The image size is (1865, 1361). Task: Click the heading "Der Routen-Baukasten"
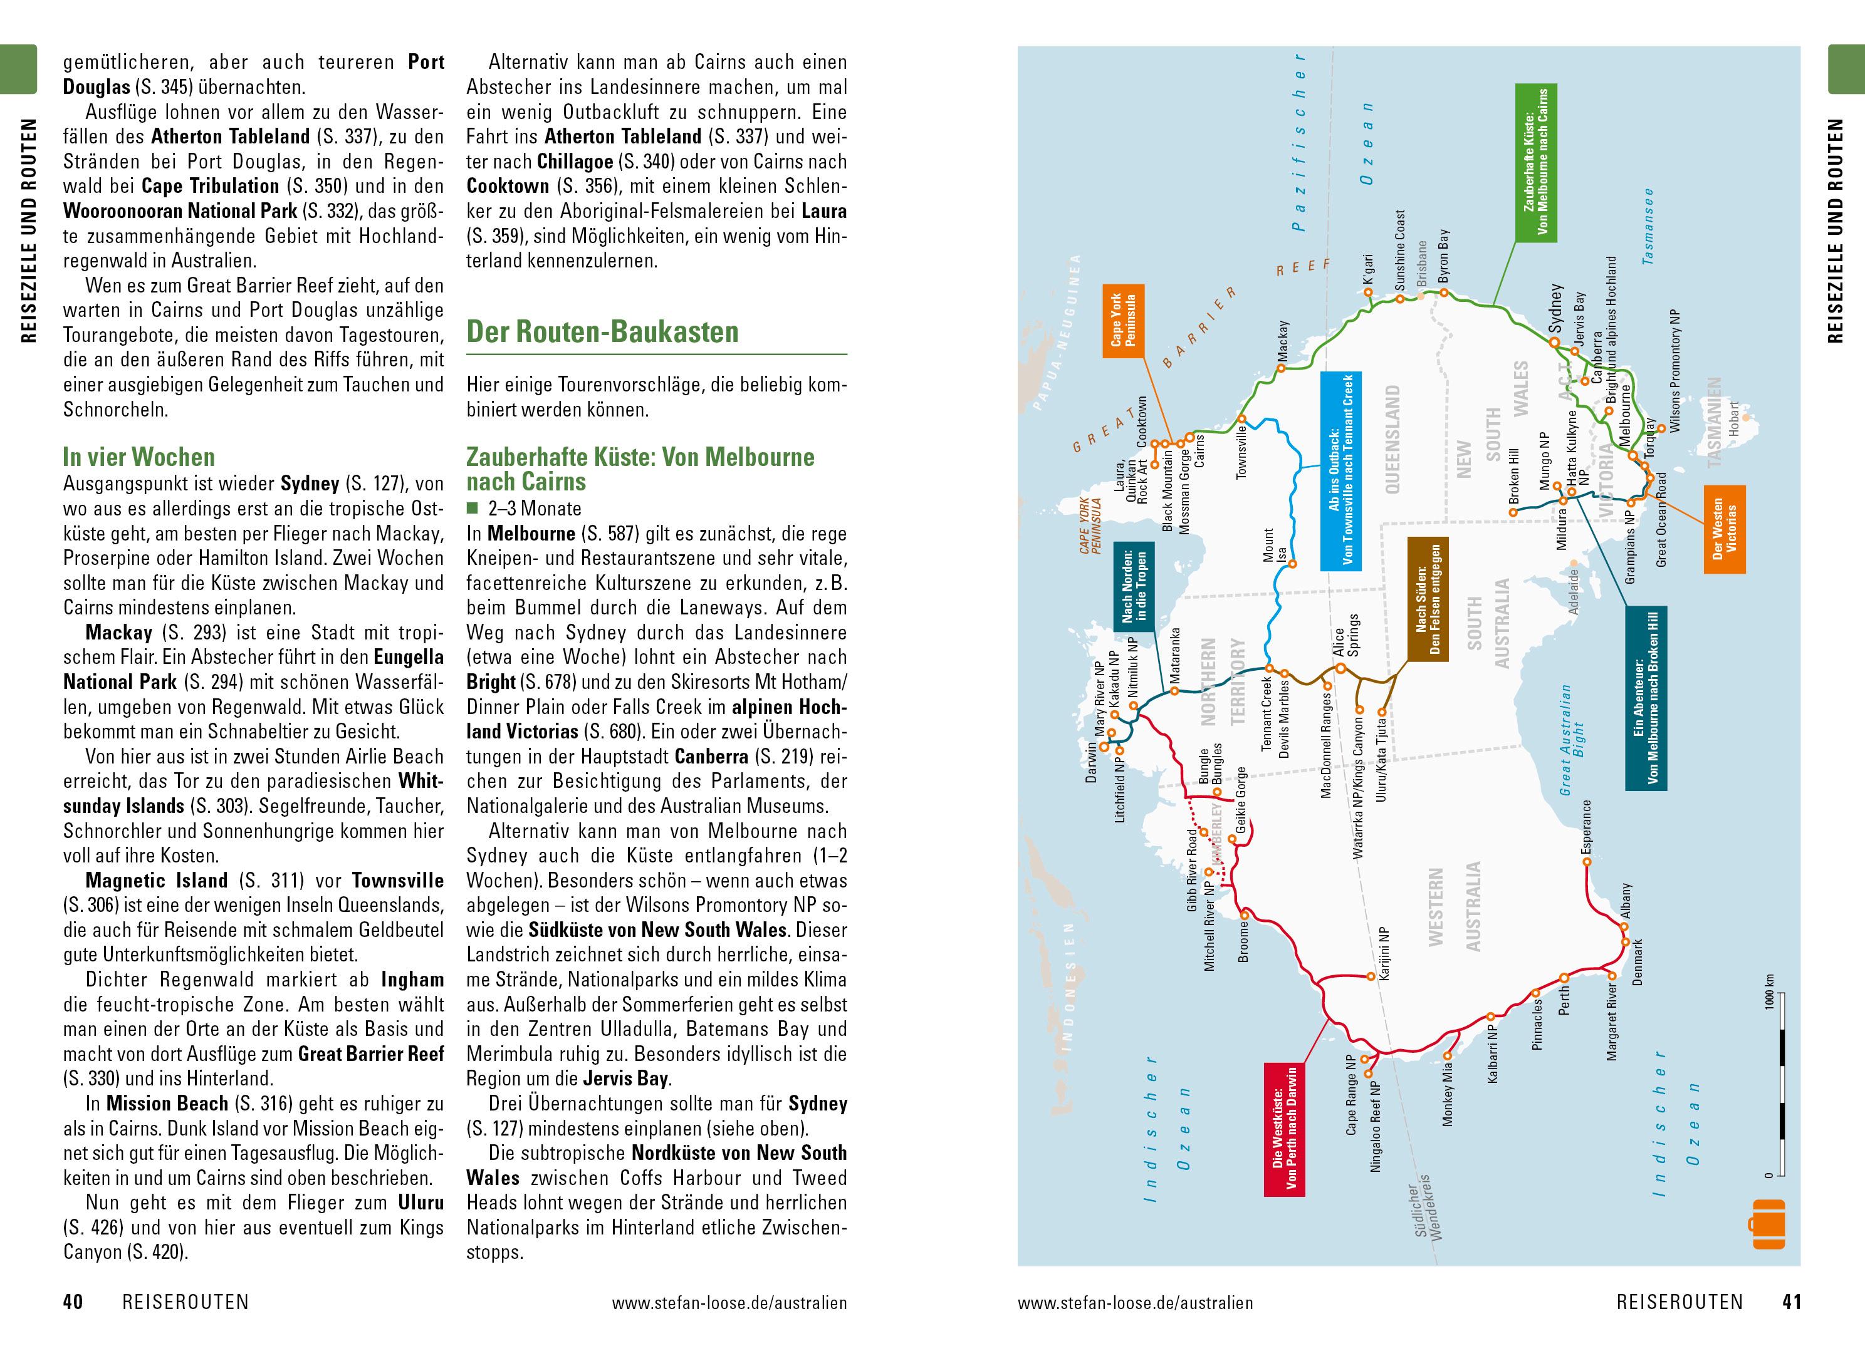click(602, 332)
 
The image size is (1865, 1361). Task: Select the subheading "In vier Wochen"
click(138, 457)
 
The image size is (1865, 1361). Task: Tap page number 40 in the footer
click(73, 1303)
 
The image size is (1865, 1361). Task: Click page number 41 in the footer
click(1792, 1303)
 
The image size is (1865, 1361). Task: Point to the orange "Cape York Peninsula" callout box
click(1122, 321)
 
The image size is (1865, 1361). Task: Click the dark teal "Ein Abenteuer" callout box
click(1645, 698)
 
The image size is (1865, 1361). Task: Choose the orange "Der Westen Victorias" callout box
click(1724, 529)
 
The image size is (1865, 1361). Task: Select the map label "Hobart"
click(1735, 418)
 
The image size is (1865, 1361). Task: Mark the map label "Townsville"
click(1242, 450)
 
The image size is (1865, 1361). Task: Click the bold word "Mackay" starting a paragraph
click(118, 633)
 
